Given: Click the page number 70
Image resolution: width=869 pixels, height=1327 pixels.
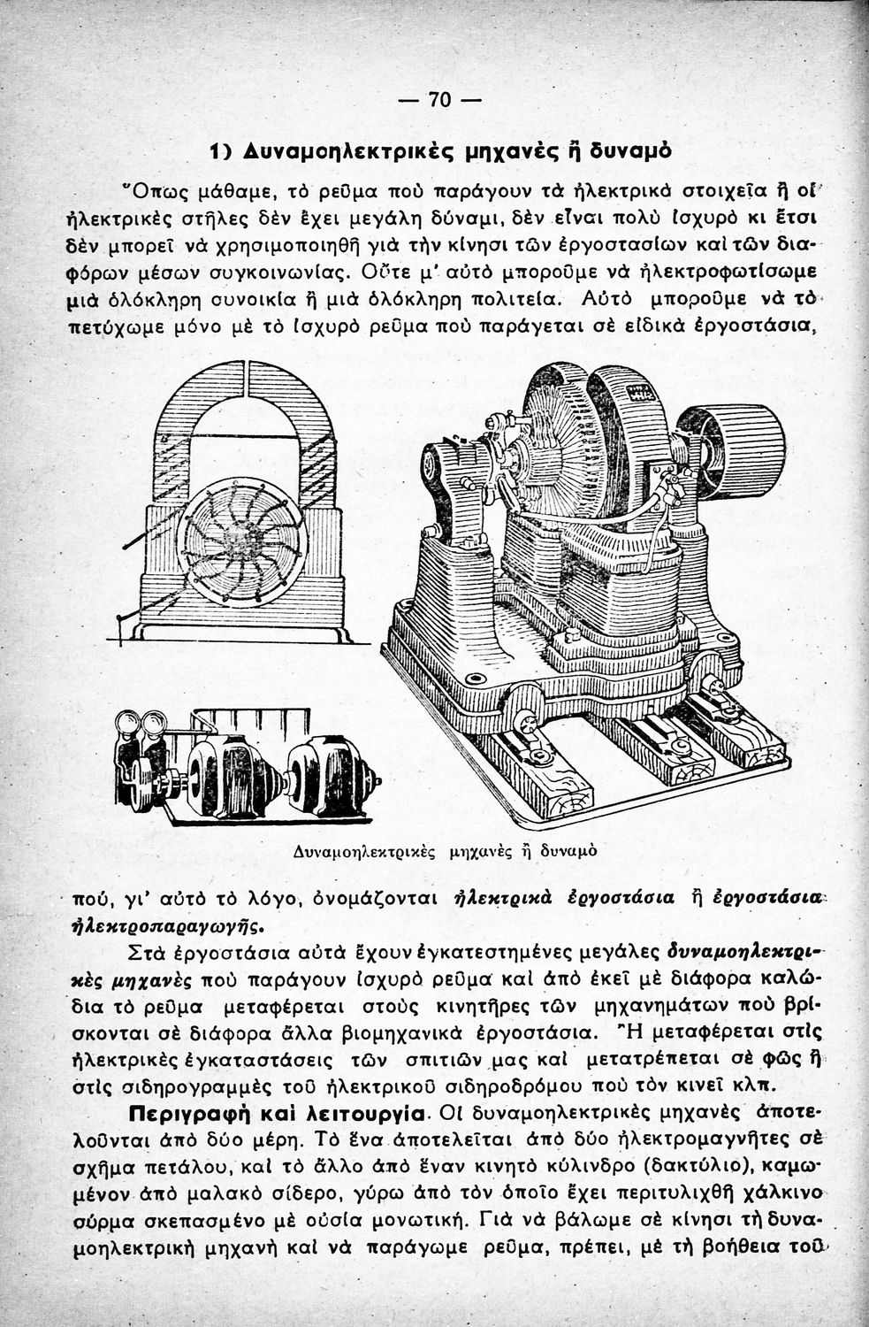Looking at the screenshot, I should coord(439,99).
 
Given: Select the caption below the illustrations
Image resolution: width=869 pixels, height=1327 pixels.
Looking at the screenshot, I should coord(445,852).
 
